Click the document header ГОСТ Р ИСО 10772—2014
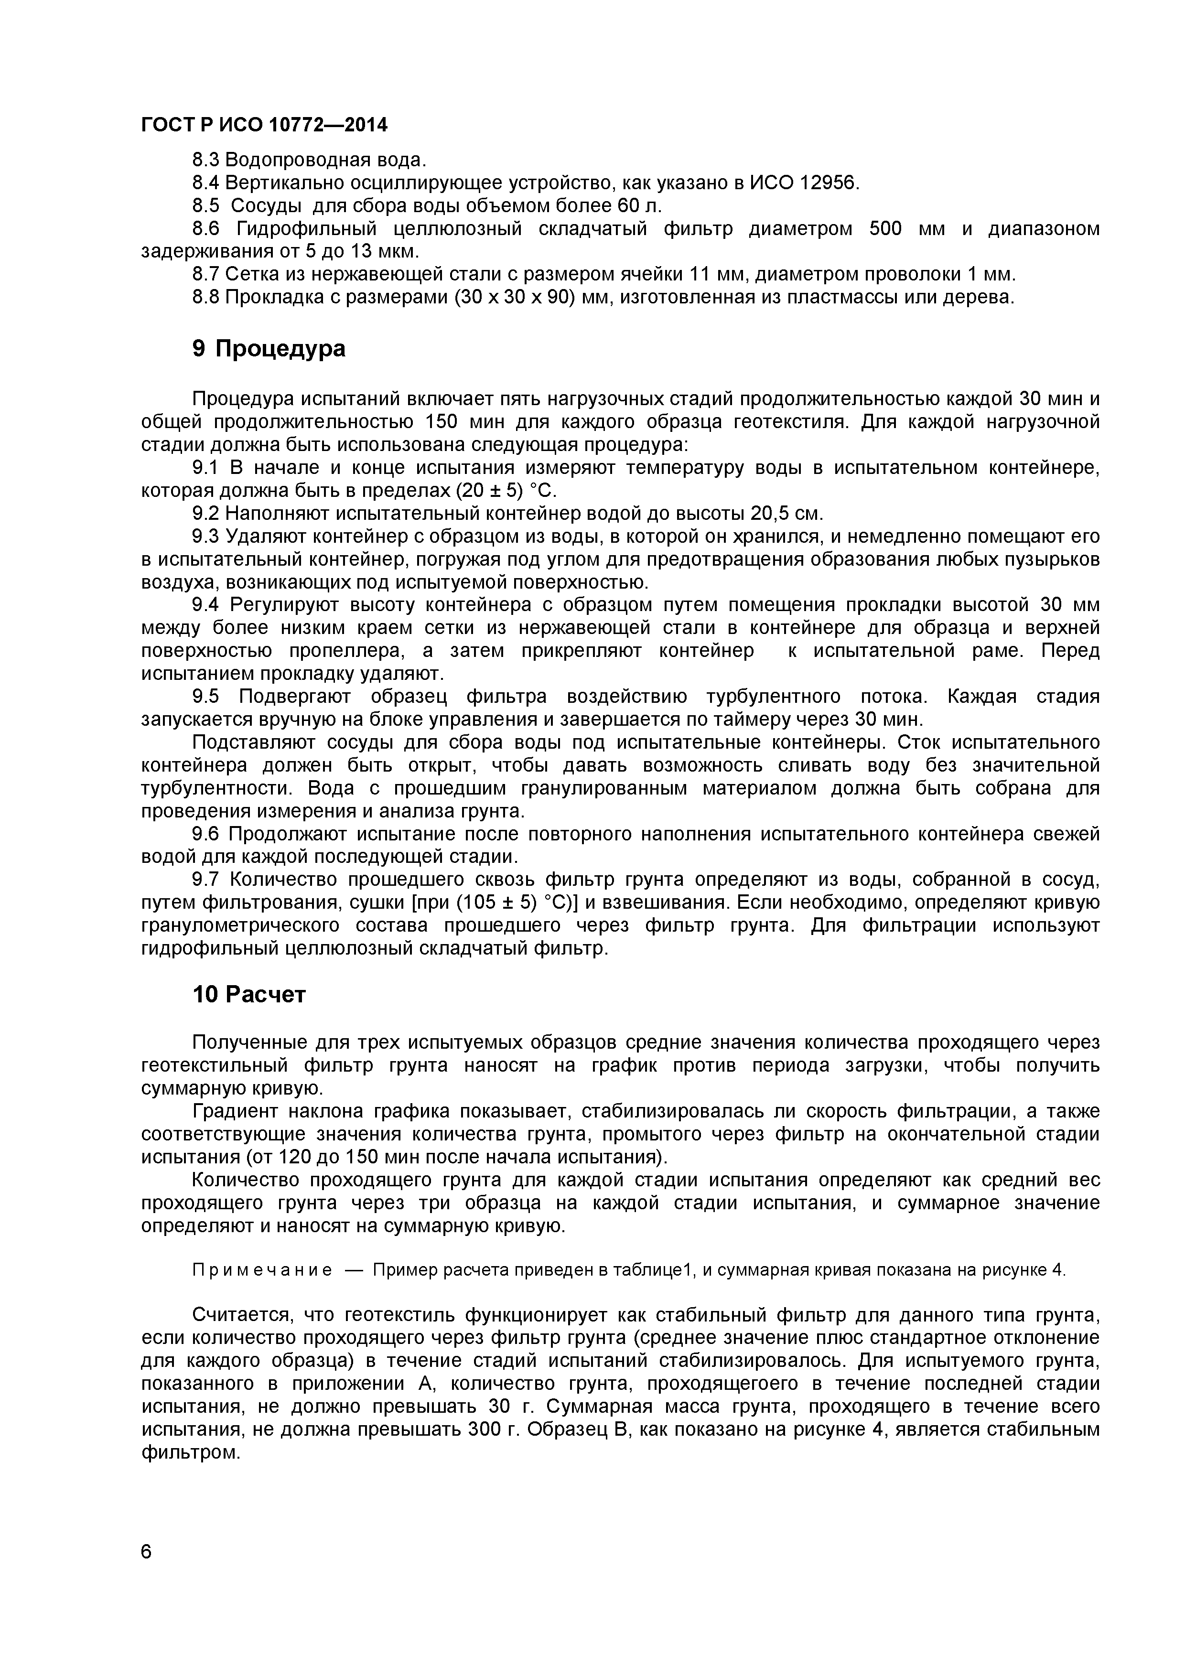click(264, 126)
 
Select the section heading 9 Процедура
click(268, 349)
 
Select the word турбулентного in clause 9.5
click(769, 697)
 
